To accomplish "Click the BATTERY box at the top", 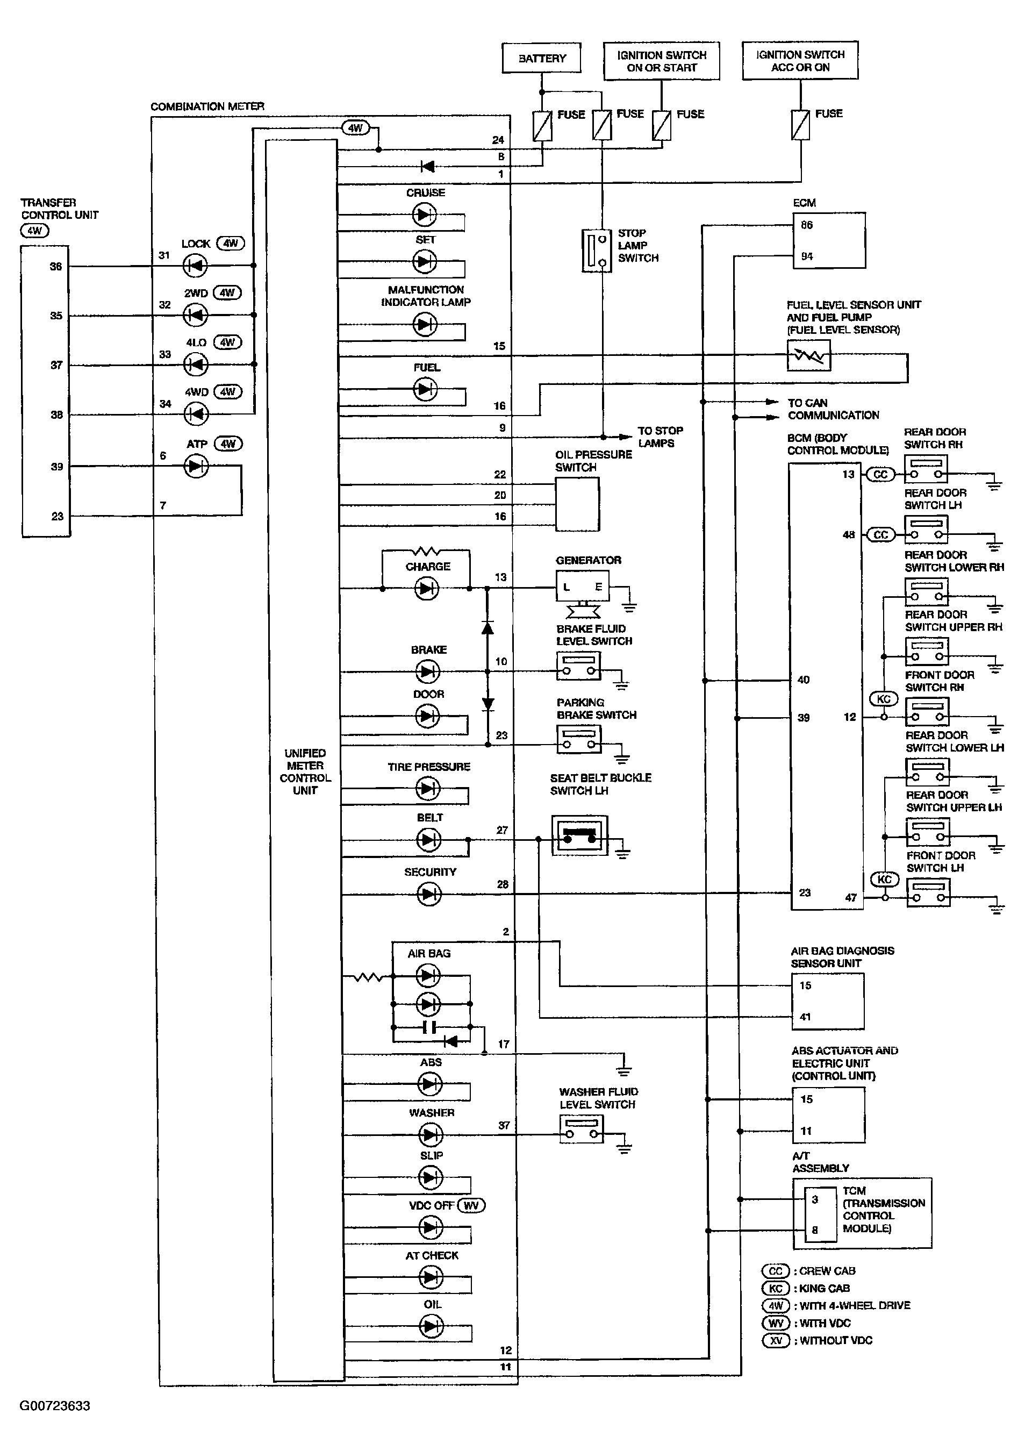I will pyautogui.click(x=542, y=58).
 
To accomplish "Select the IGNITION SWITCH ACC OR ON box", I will pyautogui.click(x=799, y=61).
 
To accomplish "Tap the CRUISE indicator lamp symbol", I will pyautogui.click(x=424, y=215).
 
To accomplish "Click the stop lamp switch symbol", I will pyautogui.click(x=596, y=251).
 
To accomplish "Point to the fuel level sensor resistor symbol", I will pyautogui.click(x=808, y=356).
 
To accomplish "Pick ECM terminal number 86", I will pyautogui.click(x=807, y=225).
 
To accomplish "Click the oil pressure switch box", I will pyautogui.click(x=577, y=504).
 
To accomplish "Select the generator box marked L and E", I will pyautogui.click(x=582, y=587).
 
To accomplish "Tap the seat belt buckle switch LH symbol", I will pyautogui.click(x=579, y=835).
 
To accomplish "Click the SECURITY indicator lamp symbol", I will pyautogui.click(x=429, y=894).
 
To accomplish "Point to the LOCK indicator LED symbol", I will pyautogui.click(x=195, y=266).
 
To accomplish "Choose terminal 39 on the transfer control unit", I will pyautogui.click(x=57, y=467).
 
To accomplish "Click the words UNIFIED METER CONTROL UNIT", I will pyautogui.click(x=305, y=771).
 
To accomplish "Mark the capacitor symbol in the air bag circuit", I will pyautogui.click(x=429, y=1027).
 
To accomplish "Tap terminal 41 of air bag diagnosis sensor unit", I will pyautogui.click(x=805, y=1017).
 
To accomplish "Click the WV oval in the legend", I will pyautogui.click(x=776, y=1323).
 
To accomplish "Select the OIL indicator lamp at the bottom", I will pyautogui.click(x=432, y=1326).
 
